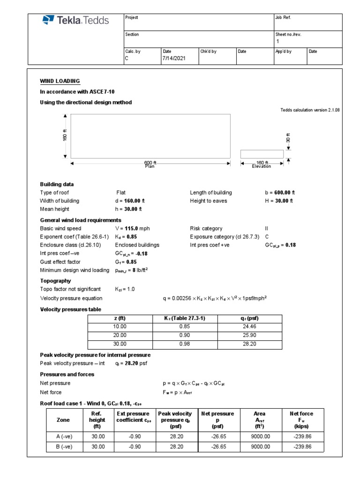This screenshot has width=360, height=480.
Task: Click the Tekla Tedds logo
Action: tap(75, 20)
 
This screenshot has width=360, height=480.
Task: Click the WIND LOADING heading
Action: tap(60, 81)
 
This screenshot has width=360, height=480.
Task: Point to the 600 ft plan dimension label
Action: tap(150, 163)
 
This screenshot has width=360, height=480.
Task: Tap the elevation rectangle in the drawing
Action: tap(262, 154)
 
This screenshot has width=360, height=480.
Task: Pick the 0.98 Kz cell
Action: tap(185, 343)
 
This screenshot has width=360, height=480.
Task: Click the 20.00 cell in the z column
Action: tap(120, 335)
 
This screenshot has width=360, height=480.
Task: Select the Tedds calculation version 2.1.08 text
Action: tap(309, 110)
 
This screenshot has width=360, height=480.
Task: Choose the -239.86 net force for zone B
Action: tap(302, 447)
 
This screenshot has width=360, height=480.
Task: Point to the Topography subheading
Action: tap(55, 281)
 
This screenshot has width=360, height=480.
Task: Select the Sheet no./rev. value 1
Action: tap(277, 41)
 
